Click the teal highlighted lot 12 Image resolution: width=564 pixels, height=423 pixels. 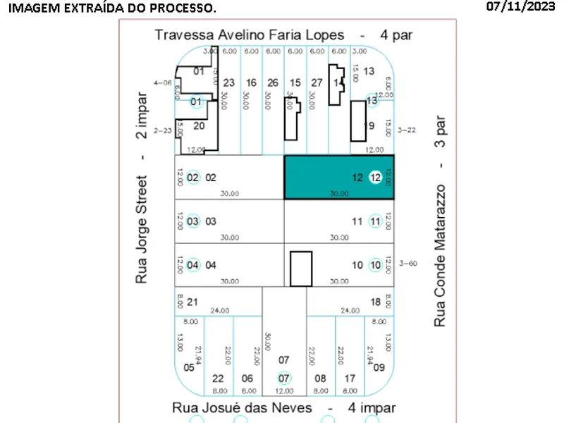[x=338, y=178]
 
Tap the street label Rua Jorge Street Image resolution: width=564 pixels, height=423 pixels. [x=142, y=228]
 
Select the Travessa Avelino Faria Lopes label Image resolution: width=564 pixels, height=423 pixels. [x=250, y=35]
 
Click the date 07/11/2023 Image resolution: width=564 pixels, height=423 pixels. [x=521, y=7]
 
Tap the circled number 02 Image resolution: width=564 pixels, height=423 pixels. [x=192, y=178]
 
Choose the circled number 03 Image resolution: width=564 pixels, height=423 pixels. [x=192, y=221]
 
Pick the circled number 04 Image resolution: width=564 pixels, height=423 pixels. [x=192, y=265]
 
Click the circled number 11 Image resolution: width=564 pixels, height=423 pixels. [x=375, y=221]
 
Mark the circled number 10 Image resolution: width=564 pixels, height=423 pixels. [x=375, y=265]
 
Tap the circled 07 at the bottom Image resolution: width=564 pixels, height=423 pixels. [x=283, y=378]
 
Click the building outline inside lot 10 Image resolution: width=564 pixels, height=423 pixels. [x=301, y=269]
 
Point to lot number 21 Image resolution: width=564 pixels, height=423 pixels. [x=192, y=302]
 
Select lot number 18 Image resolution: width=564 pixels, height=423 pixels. [x=375, y=302]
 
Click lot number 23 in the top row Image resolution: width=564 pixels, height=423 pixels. [x=229, y=82]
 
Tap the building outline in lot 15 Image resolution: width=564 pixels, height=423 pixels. [x=292, y=120]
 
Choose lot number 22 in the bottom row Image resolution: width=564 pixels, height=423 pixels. [x=218, y=378]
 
